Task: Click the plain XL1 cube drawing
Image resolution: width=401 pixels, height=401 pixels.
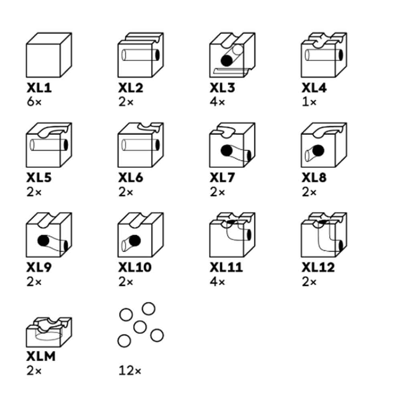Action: [49, 55]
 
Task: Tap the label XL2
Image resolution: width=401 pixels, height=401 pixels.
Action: [131, 88]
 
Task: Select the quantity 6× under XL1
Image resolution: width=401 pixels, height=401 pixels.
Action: [34, 102]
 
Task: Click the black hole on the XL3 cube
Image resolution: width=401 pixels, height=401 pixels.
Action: [227, 61]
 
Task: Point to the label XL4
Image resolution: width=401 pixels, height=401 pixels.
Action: [314, 88]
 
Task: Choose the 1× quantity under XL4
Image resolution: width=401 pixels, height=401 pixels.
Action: [309, 102]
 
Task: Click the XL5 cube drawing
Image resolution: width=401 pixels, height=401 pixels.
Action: [49, 145]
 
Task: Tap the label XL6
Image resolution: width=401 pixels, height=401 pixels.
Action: [131, 178]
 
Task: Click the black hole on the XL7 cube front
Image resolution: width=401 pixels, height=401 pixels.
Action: [227, 151]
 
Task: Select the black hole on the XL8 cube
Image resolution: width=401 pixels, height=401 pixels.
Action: [318, 150]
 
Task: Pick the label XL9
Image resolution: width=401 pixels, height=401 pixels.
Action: [39, 267]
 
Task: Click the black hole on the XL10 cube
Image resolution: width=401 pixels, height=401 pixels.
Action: [135, 240]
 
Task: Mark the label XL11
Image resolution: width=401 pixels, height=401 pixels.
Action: [226, 267]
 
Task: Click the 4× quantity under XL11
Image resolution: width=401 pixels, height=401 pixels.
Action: [217, 282]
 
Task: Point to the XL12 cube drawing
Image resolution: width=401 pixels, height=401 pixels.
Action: [324, 235]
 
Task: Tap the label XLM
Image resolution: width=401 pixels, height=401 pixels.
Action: [41, 356]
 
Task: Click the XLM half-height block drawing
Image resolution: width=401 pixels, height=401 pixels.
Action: [49, 332]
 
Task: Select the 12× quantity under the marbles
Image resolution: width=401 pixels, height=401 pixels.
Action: [130, 371]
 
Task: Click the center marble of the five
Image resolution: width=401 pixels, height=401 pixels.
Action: [140, 327]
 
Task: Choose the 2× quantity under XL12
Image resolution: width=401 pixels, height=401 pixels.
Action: [309, 282]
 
